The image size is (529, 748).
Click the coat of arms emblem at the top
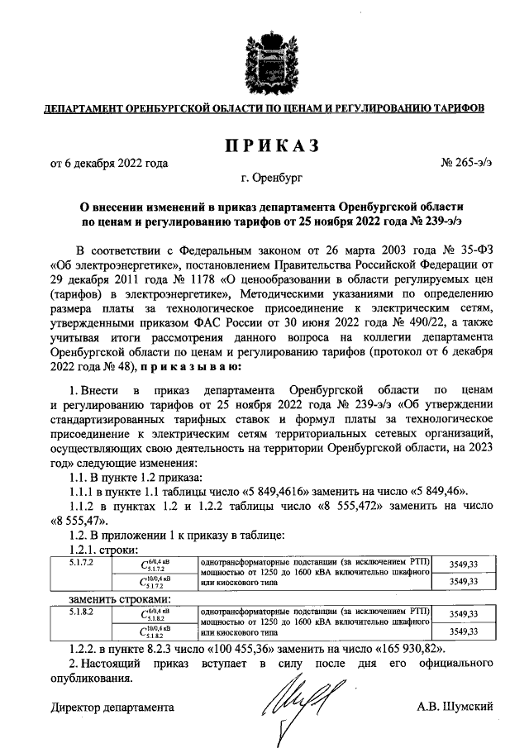(264, 63)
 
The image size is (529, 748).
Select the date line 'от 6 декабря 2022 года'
(109, 163)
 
